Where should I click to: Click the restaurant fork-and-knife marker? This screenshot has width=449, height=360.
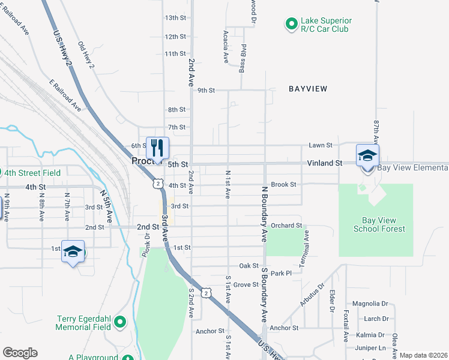pyautogui.click(x=157, y=148)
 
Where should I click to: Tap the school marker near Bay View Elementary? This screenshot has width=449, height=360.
pyautogui.click(x=367, y=155)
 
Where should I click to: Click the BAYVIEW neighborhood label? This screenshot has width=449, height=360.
pyautogui.click(x=308, y=89)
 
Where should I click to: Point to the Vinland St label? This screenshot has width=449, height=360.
pyautogui.click(x=324, y=163)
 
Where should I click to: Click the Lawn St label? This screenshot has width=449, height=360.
pyautogui.click(x=321, y=145)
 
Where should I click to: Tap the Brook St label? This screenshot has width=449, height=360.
pyautogui.click(x=283, y=185)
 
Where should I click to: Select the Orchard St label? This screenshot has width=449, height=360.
pyautogui.click(x=286, y=226)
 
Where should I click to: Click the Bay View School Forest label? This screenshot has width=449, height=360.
pyautogui.click(x=379, y=224)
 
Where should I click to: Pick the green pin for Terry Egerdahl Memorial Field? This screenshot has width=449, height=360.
pyautogui.click(x=120, y=323)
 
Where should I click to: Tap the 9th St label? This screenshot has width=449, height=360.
pyautogui.click(x=206, y=91)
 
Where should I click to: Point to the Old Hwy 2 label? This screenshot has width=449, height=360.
pyautogui.click(x=86, y=58)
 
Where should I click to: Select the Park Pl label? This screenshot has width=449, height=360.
pyautogui.click(x=280, y=273)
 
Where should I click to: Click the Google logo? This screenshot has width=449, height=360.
pyautogui.click(x=19, y=353)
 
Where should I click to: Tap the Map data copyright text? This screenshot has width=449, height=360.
pyautogui.click(x=423, y=355)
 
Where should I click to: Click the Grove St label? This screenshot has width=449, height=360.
pyautogui.click(x=246, y=284)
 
